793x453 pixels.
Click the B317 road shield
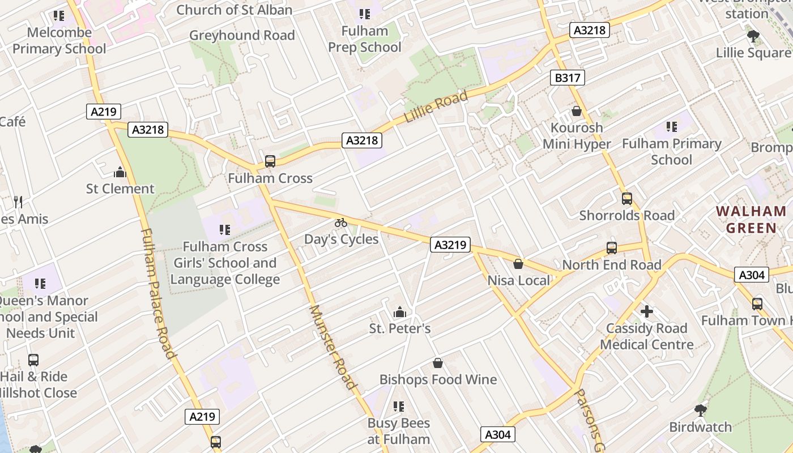click(x=567, y=78)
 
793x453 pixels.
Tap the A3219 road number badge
click(x=450, y=245)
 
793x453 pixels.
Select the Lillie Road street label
click(x=436, y=107)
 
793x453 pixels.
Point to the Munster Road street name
click(x=334, y=347)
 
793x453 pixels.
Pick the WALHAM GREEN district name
click(x=751, y=220)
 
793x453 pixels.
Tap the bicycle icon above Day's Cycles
click(x=340, y=223)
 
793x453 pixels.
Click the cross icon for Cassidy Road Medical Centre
click(x=646, y=311)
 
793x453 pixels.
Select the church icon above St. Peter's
click(x=400, y=312)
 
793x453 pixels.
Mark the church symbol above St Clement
click(x=120, y=172)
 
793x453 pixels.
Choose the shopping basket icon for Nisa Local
click(x=518, y=264)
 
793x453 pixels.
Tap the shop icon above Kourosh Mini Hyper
click(x=577, y=111)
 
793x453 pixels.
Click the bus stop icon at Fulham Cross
click(x=270, y=161)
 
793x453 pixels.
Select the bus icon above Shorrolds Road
click(x=626, y=199)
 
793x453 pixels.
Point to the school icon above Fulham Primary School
click(x=671, y=127)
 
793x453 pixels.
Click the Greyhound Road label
click(x=242, y=35)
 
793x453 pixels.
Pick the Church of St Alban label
click(x=234, y=10)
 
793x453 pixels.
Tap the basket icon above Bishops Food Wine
click(x=438, y=363)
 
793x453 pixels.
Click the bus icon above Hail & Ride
click(x=33, y=360)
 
